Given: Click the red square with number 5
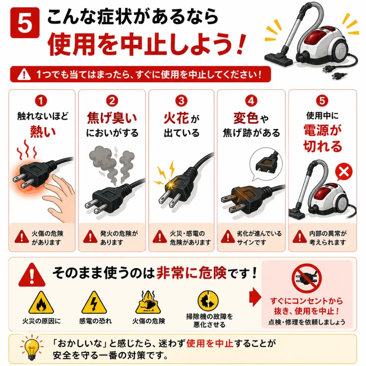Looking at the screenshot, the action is (x=25, y=23).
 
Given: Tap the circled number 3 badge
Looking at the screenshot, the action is (x=181, y=101).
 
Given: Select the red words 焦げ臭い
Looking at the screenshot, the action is (x=112, y=118).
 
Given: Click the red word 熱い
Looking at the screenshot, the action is (x=43, y=131).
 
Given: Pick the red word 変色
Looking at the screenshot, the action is (x=246, y=118).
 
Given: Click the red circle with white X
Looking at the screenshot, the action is (x=343, y=172).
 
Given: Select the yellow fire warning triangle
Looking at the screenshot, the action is (x=41, y=303).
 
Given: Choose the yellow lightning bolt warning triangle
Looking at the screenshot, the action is (x=94, y=303).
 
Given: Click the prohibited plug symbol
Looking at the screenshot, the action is (x=306, y=278).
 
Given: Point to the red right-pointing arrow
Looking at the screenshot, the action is (x=255, y=297).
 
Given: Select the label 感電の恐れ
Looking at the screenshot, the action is (x=95, y=321).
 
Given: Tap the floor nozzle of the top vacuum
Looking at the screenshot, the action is (x=278, y=59).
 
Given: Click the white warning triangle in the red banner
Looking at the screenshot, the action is (x=24, y=74).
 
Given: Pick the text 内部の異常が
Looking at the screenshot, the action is (x=328, y=233).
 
